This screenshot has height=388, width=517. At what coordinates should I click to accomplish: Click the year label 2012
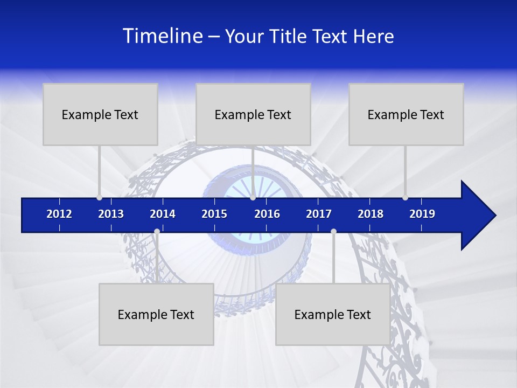pyautogui.click(x=59, y=214)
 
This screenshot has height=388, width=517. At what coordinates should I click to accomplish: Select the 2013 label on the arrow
pyautogui.click(x=111, y=214)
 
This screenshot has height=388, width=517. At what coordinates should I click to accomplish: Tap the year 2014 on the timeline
pyautogui.click(x=163, y=214)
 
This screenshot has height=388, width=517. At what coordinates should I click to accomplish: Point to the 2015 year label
pyautogui.click(x=214, y=214)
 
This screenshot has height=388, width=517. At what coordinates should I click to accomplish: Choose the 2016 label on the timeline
pyautogui.click(x=267, y=214)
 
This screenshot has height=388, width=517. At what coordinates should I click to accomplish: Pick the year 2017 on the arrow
pyautogui.click(x=319, y=214)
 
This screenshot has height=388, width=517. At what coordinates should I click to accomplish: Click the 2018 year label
pyautogui.click(x=371, y=214)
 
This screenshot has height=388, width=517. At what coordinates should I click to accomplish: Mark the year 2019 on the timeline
pyautogui.click(x=422, y=214)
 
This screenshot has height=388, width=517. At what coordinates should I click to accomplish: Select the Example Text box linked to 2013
pyautogui.click(x=100, y=114)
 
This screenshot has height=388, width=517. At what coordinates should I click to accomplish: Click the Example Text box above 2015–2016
pyautogui.click(x=253, y=114)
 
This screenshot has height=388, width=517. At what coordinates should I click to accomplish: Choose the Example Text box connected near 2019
pyautogui.click(x=406, y=114)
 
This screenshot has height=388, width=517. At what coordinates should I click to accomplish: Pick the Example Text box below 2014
pyautogui.click(x=156, y=314)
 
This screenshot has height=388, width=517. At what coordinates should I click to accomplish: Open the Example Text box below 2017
pyautogui.click(x=333, y=314)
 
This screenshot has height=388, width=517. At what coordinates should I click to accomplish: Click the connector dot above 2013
pyautogui.click(x=100, y=198)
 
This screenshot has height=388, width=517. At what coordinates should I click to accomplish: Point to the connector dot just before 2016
pyautogui.click(x=253, y=198)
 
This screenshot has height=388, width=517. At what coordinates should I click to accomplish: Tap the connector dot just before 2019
pyautogui.click(x=406, y=198)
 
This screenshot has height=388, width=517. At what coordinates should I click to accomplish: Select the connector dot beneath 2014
pyautogui.click(x=157, y=232)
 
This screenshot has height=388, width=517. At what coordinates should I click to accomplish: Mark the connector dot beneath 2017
pyautogui.click(x=333, y=232)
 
